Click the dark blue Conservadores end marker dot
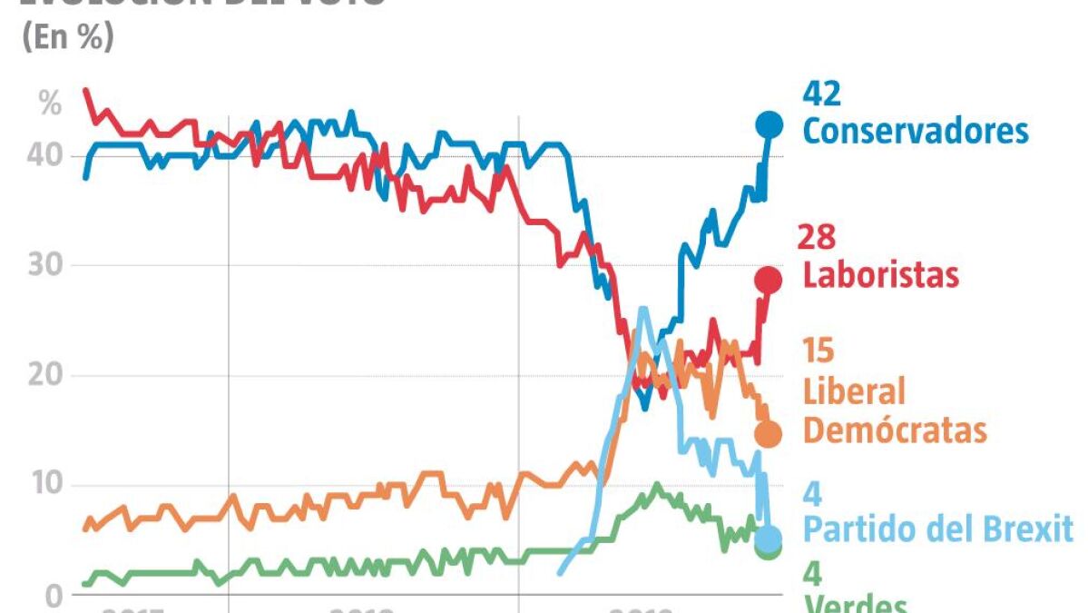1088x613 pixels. (769, 124)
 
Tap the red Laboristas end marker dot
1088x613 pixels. (769, 279)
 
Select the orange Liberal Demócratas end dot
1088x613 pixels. (769, 434)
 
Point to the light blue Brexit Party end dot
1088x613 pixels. (769, 539)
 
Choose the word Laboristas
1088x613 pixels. (880, 274)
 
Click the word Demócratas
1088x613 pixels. (895, 430)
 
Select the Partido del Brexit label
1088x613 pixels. (938, 529)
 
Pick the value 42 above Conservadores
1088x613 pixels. (822, 94)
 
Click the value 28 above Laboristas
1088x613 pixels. (816, 238)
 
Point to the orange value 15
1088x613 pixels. (818, 351)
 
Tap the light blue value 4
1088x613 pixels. (813, 494)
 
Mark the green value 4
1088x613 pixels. (813, 574)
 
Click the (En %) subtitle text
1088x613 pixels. (67, 39)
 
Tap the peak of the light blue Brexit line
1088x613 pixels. (643, 309)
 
